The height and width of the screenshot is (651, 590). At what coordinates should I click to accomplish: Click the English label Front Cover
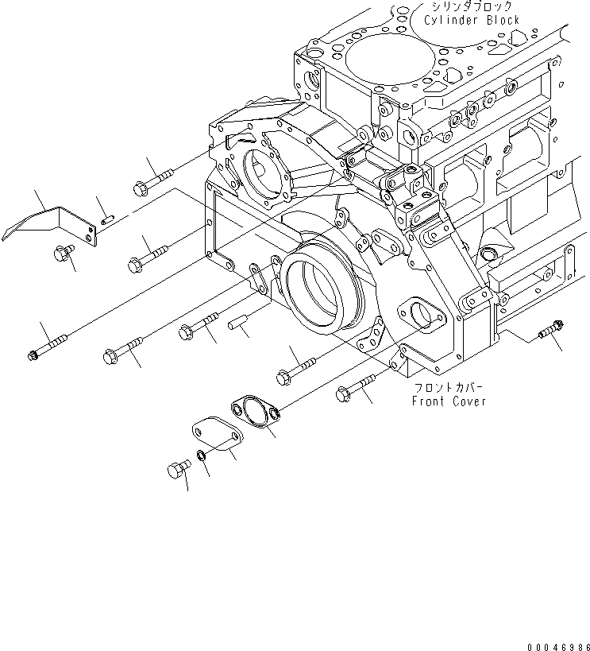pos(449,401)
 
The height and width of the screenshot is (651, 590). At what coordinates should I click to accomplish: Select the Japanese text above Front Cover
pos(449,388)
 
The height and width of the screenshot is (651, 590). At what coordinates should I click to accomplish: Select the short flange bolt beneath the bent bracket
pos(62,254)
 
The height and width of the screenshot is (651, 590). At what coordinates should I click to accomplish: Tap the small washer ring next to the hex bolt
pos(202,455)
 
